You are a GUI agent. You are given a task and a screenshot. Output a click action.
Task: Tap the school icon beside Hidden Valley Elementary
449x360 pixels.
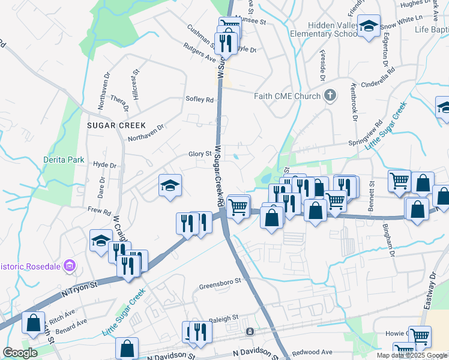click(x=369, y=26)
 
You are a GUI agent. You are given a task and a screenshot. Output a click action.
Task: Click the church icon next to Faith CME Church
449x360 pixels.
click(x=329, y=95)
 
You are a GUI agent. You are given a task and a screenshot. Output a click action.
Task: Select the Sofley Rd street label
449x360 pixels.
click(x=200, y=100)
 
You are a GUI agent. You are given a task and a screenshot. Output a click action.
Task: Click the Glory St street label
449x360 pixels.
click(x=200, y=154)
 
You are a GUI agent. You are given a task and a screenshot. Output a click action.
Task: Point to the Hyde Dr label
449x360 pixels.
click(x=104, y=164)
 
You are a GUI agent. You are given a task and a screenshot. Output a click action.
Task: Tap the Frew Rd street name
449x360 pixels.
click(x=99, y=211)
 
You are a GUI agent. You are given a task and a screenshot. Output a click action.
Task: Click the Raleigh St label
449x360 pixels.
click(x=223, y=317)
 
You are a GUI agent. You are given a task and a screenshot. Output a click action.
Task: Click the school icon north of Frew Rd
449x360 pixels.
click(x=170, y=184)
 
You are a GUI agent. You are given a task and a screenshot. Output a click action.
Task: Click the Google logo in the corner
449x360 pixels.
click(x=20, y=353)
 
